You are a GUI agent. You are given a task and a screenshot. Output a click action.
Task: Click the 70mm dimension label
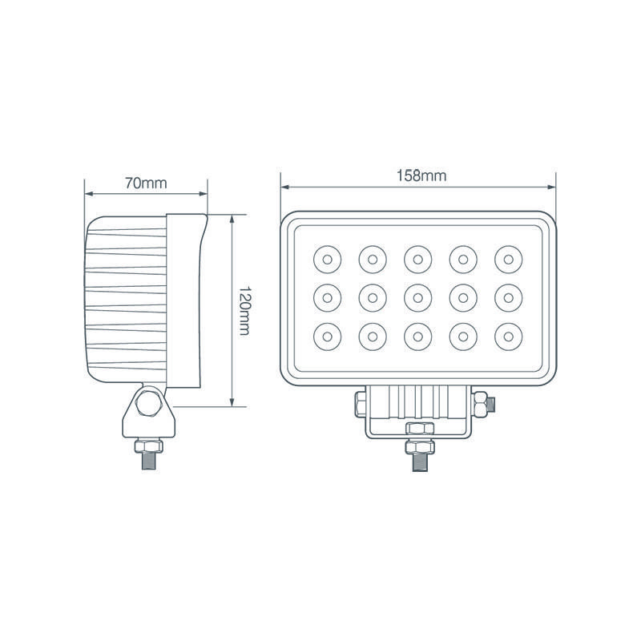[x=146, y=182]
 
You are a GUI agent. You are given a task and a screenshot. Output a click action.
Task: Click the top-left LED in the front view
[x=327, y=259]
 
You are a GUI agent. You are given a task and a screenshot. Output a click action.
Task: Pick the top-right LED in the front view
[x=507, y=259]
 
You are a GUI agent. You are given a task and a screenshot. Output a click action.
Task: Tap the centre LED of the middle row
[x=417, y=296]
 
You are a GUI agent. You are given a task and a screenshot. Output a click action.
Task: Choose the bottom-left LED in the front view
[x=327, y=333]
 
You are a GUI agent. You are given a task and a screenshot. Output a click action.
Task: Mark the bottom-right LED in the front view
[x=507, y=333]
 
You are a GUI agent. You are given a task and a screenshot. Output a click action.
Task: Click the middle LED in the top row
[x=417, y=259]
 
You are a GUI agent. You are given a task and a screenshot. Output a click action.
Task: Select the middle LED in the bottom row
[x=417, y=333]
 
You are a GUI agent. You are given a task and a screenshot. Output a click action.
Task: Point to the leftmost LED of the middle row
[x=327, y=296]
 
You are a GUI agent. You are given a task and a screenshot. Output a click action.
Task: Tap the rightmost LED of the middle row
[x=507, y=296]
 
